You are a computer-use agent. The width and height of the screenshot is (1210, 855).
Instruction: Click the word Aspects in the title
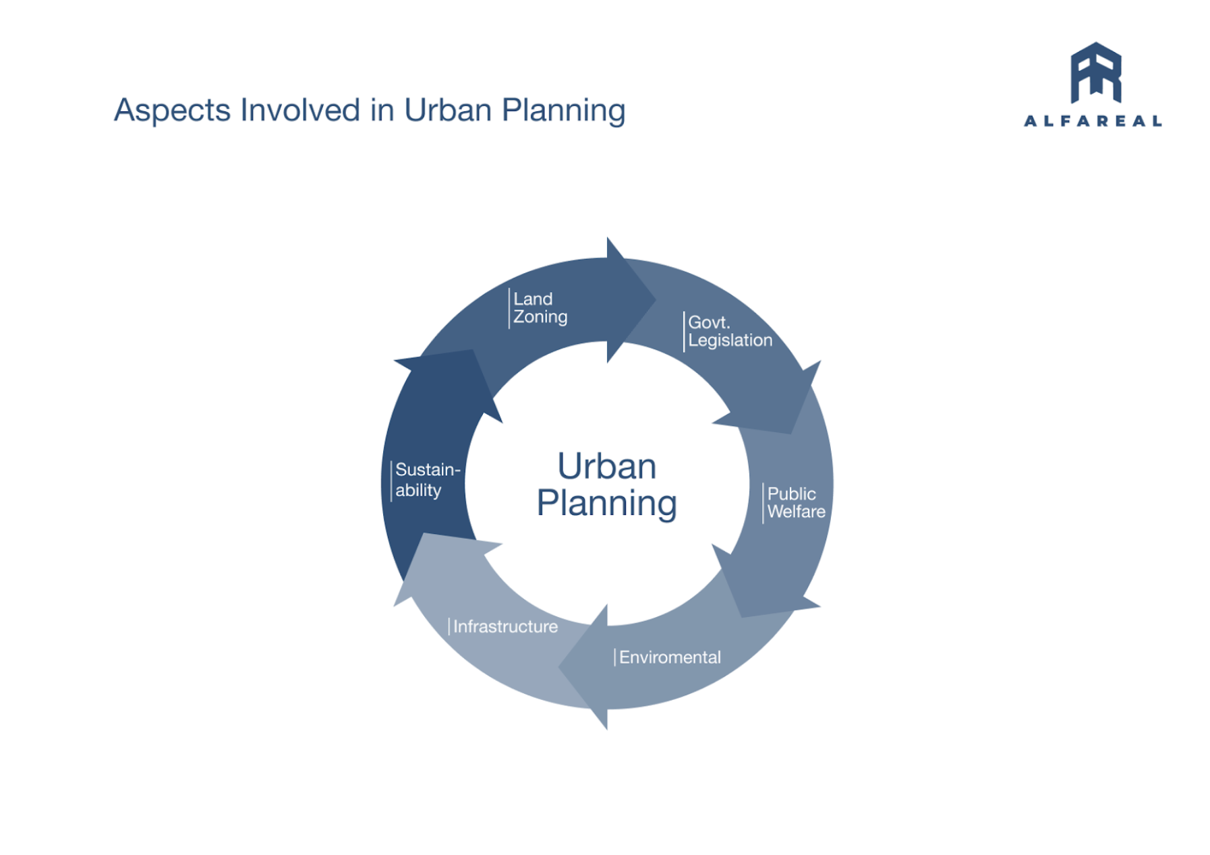171,110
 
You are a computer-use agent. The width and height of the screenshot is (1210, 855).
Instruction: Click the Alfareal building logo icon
1095,72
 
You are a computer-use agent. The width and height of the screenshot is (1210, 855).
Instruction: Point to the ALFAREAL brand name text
1093,121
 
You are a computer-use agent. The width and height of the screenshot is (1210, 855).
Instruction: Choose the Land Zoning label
540,308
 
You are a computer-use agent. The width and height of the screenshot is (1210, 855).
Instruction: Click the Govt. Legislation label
729,331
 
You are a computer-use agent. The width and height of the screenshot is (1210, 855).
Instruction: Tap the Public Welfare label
796,502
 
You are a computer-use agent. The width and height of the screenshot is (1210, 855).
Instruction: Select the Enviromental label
669,657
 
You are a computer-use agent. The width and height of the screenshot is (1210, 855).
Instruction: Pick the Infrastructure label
505,627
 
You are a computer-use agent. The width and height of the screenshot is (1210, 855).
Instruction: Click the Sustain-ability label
427,479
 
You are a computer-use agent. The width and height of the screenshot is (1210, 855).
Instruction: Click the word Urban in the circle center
606,466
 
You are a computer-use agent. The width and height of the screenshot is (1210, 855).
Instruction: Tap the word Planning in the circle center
606,503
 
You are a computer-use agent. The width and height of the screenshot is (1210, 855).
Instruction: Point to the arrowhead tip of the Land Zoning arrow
654,300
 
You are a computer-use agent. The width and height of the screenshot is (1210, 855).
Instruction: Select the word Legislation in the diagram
730,341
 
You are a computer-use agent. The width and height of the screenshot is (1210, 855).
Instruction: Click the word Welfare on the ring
796,512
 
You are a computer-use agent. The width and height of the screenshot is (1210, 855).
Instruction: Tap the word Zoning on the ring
540,317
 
